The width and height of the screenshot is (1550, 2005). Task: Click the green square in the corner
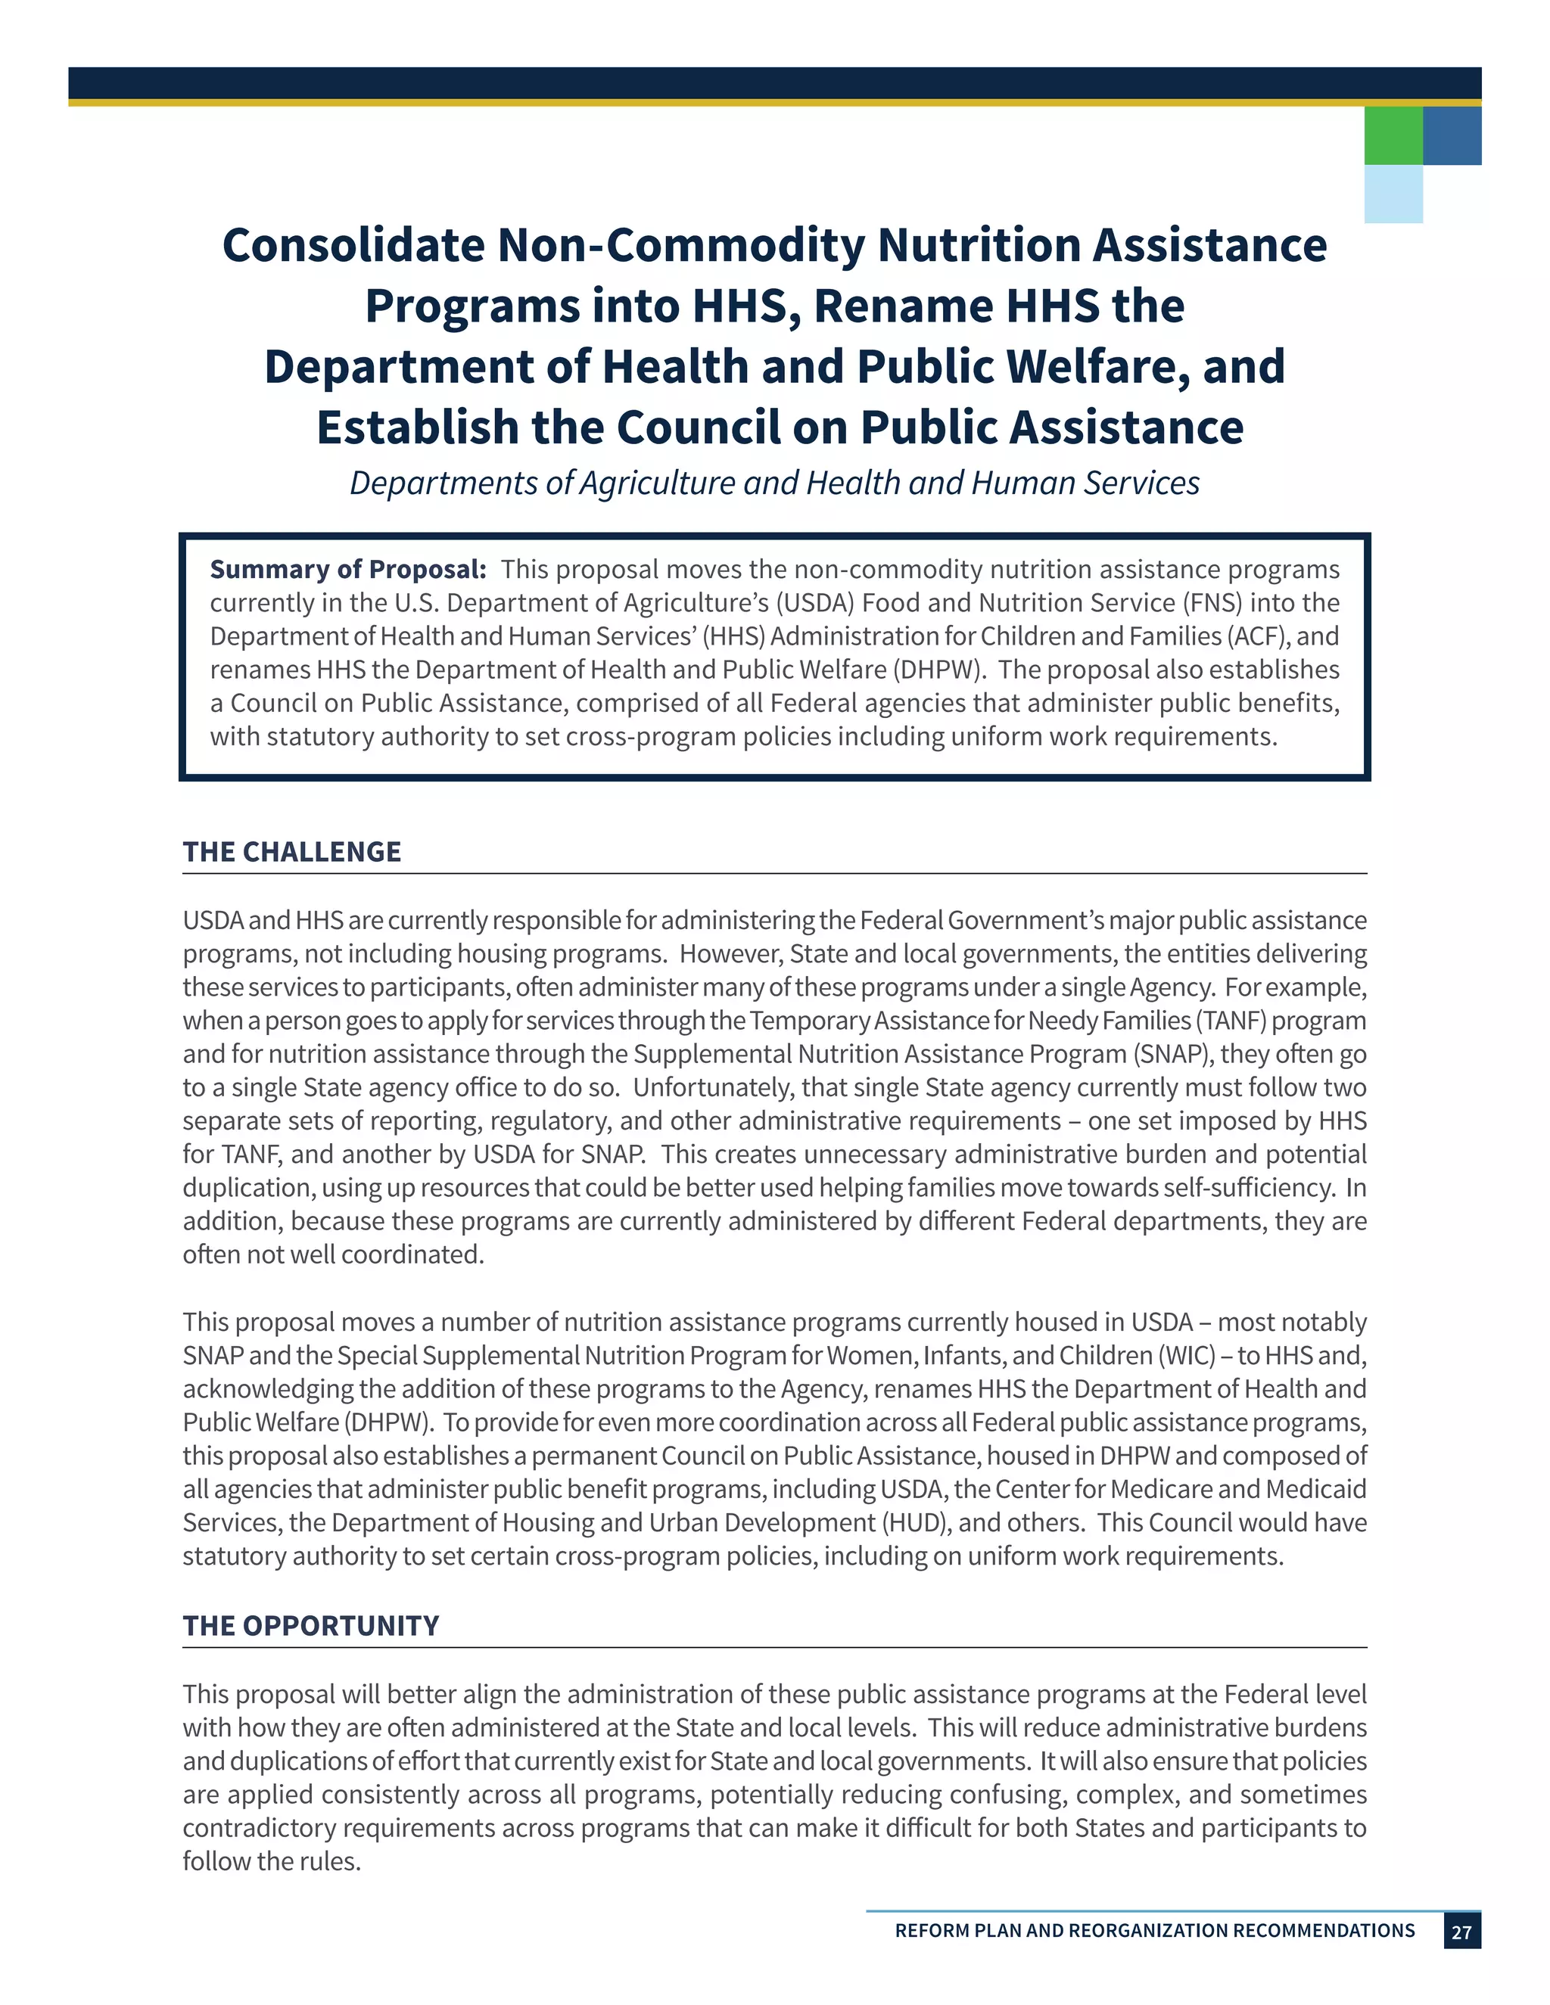pos(1393,136)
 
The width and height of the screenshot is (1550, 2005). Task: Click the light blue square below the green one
pos(1393,194)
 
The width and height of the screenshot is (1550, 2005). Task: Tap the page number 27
pos(1461,1932)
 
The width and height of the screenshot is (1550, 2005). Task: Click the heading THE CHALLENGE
pos(292,852)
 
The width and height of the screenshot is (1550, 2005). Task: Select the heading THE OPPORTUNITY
pos(310,1626)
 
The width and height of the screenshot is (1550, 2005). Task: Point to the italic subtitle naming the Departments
pos(774,483)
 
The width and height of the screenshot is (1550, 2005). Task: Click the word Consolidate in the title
pos(353,246)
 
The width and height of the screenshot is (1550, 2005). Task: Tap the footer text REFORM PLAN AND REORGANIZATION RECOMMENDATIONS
pos(1154,1931)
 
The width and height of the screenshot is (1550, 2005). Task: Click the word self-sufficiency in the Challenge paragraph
pos(1247,1188)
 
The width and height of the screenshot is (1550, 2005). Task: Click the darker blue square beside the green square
pos(1452,136)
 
